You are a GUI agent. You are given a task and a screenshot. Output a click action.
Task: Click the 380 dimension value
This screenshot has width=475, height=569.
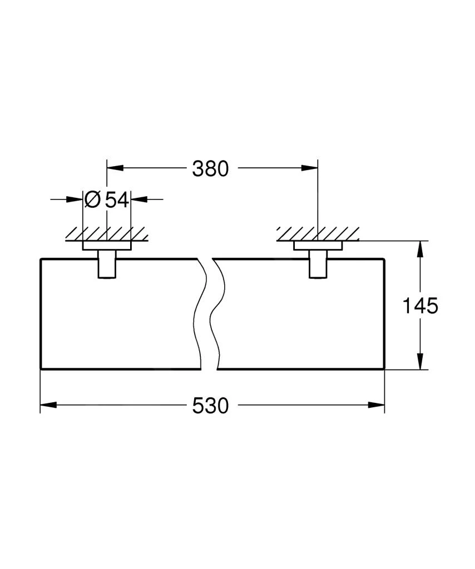click(x=210, y=168)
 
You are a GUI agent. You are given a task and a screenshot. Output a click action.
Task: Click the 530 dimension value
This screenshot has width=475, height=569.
click(x=210, y=406)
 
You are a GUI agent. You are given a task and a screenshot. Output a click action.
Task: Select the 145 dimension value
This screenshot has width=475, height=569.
click(x=421, y=306)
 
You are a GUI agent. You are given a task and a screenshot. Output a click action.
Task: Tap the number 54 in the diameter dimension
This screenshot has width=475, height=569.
click(x=117, y=199)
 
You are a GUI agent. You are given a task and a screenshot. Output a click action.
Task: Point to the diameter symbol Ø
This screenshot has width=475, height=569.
click(x=93, y=199)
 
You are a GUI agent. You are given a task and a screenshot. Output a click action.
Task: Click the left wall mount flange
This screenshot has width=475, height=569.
click(x=107, y=246)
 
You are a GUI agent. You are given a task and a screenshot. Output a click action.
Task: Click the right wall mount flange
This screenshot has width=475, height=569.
click(x=318, y=246)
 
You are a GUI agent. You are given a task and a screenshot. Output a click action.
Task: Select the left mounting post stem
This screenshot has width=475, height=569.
click(x=107, y=263)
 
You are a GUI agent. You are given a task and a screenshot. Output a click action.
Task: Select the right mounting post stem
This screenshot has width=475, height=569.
click(x=318, y=263)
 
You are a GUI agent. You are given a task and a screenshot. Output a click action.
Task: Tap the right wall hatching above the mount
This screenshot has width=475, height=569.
click(x=318, y=234)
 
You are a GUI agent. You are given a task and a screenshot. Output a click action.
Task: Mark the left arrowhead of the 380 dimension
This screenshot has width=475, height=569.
click(x=114, y=168)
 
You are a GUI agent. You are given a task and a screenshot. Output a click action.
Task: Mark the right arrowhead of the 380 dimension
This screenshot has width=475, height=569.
click(x=310, y=168)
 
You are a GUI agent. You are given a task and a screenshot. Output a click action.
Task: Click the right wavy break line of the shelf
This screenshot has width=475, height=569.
click(x=218, y=314)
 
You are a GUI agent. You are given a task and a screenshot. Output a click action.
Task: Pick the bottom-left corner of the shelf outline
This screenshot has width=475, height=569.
click(x=41, y=368)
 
